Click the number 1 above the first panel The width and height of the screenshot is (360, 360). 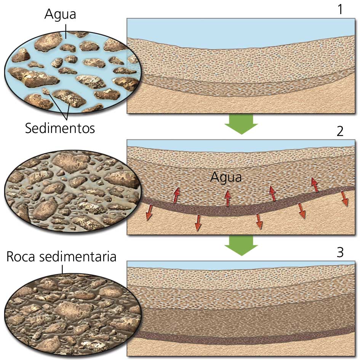340,10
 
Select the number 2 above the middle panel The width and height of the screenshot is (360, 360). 340,131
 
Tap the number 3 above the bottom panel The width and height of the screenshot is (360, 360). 340,252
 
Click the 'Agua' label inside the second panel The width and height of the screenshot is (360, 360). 226,178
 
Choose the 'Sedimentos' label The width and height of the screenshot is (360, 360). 60,128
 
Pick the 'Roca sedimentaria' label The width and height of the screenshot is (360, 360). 61,256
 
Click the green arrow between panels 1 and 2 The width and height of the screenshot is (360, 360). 241,124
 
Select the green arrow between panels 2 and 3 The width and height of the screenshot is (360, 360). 241,246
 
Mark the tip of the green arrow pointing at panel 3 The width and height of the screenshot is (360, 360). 241,256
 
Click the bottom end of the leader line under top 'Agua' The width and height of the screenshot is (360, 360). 66,38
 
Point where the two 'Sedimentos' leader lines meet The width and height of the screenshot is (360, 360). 67,120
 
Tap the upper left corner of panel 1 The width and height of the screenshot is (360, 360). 127,19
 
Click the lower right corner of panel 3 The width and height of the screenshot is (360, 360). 355,356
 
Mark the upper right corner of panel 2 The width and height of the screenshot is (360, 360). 355,140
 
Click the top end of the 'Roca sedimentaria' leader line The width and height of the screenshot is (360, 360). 62,266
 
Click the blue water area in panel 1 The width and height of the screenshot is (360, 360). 241,32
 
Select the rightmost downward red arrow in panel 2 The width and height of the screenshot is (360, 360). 344,199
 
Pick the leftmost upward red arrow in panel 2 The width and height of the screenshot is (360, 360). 176,195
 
